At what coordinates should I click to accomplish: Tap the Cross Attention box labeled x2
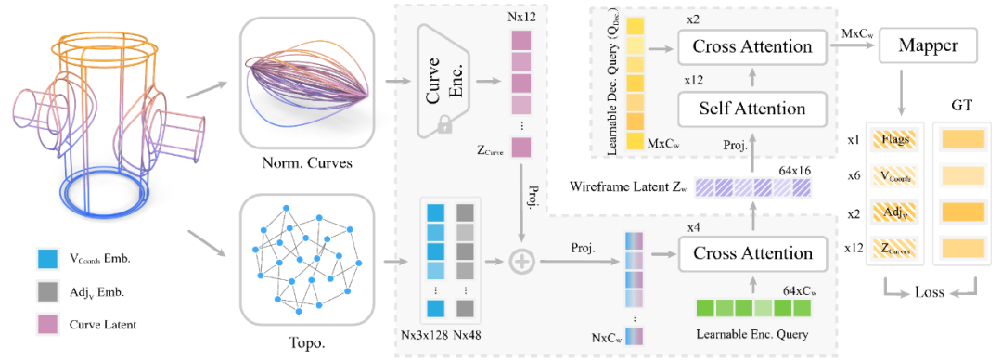751,46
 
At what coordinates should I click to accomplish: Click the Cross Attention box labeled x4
751,252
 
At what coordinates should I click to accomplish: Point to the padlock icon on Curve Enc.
441,128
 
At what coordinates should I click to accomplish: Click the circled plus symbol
521,261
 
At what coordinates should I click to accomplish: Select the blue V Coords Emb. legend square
49,260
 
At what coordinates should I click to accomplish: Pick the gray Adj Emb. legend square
49,292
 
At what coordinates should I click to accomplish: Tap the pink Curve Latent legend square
49,324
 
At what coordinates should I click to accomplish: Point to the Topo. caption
306,348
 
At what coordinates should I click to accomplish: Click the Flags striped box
893,137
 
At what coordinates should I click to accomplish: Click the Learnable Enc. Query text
752,332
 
